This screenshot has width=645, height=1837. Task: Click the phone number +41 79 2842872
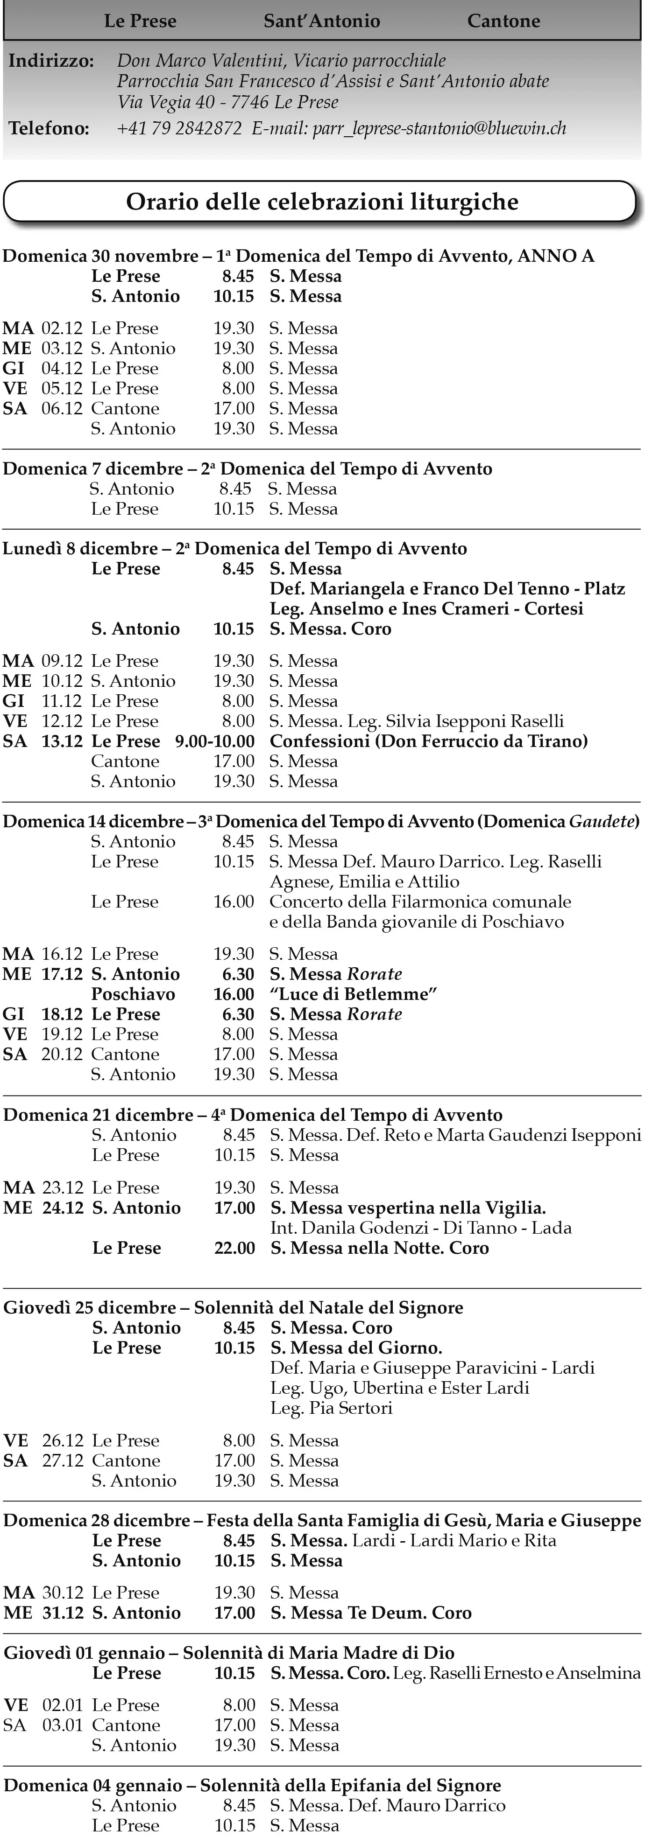coord(179,128)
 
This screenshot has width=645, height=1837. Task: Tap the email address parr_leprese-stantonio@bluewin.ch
coord(439,128)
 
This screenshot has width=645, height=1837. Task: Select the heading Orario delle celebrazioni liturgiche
coord(322,202)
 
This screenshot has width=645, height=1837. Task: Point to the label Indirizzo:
coord(50,61)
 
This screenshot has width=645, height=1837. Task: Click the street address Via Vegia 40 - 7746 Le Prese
coord(227,102)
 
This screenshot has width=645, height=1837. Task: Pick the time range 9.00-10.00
coord(215,741)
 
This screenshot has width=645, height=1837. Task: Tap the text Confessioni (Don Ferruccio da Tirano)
coord(428,741)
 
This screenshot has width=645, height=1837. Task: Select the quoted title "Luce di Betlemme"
coord(353,994)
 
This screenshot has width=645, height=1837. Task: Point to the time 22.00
coord(235,1248)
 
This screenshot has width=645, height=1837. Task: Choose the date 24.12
coord(63,1208)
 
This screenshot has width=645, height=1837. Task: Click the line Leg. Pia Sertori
coord(331,1408)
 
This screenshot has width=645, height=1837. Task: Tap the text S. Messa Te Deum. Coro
coord(371,1613)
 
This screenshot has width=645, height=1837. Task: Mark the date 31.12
coord(63,1613)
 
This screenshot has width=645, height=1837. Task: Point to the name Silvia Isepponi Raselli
coord(475,721)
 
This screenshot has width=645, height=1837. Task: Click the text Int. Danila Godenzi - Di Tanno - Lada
coord(421,1228)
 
